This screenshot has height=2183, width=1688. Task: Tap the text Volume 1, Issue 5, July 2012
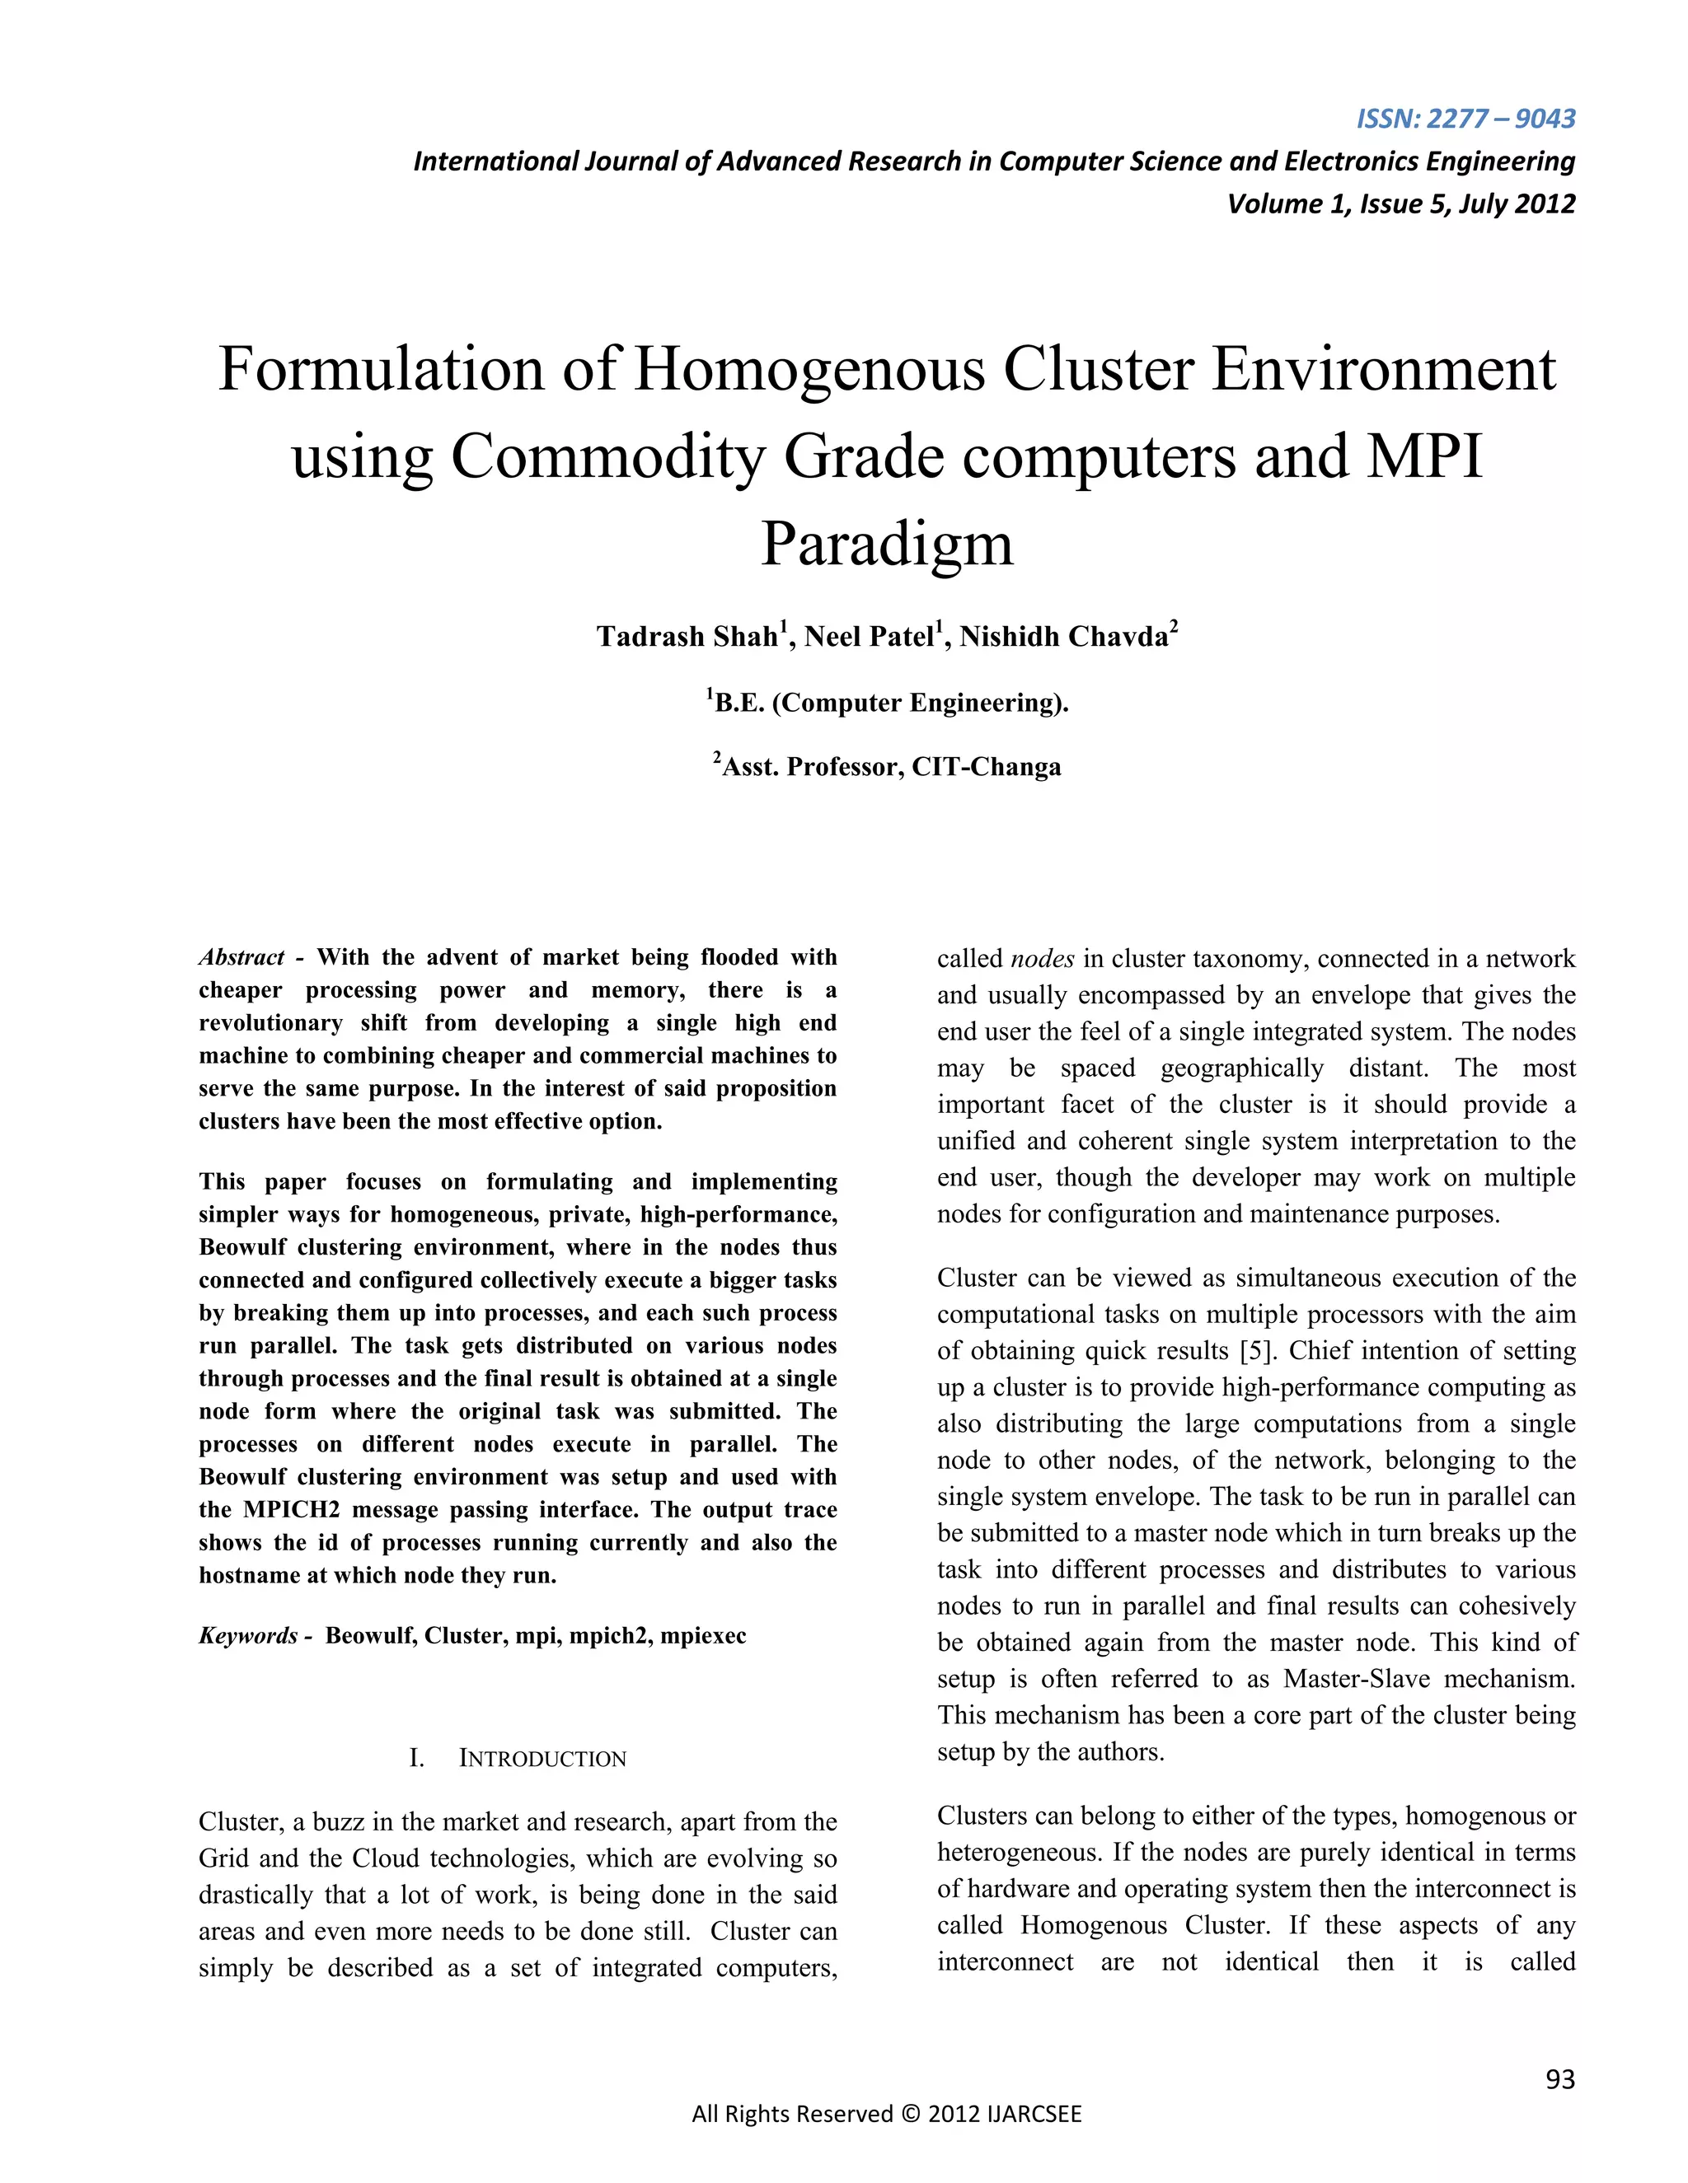coord(1400,204)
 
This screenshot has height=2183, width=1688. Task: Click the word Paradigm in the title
coord(887,545)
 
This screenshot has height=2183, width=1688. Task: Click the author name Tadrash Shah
coord(687,637)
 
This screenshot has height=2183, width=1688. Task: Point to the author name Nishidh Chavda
coord(1063,637)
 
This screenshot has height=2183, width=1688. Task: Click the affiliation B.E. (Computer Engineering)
coord(890,703)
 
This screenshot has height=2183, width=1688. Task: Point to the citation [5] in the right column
coord(1255,1350)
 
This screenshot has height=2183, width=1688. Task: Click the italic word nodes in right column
coord(1042,959)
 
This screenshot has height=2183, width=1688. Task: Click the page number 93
coord(1559,2079)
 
